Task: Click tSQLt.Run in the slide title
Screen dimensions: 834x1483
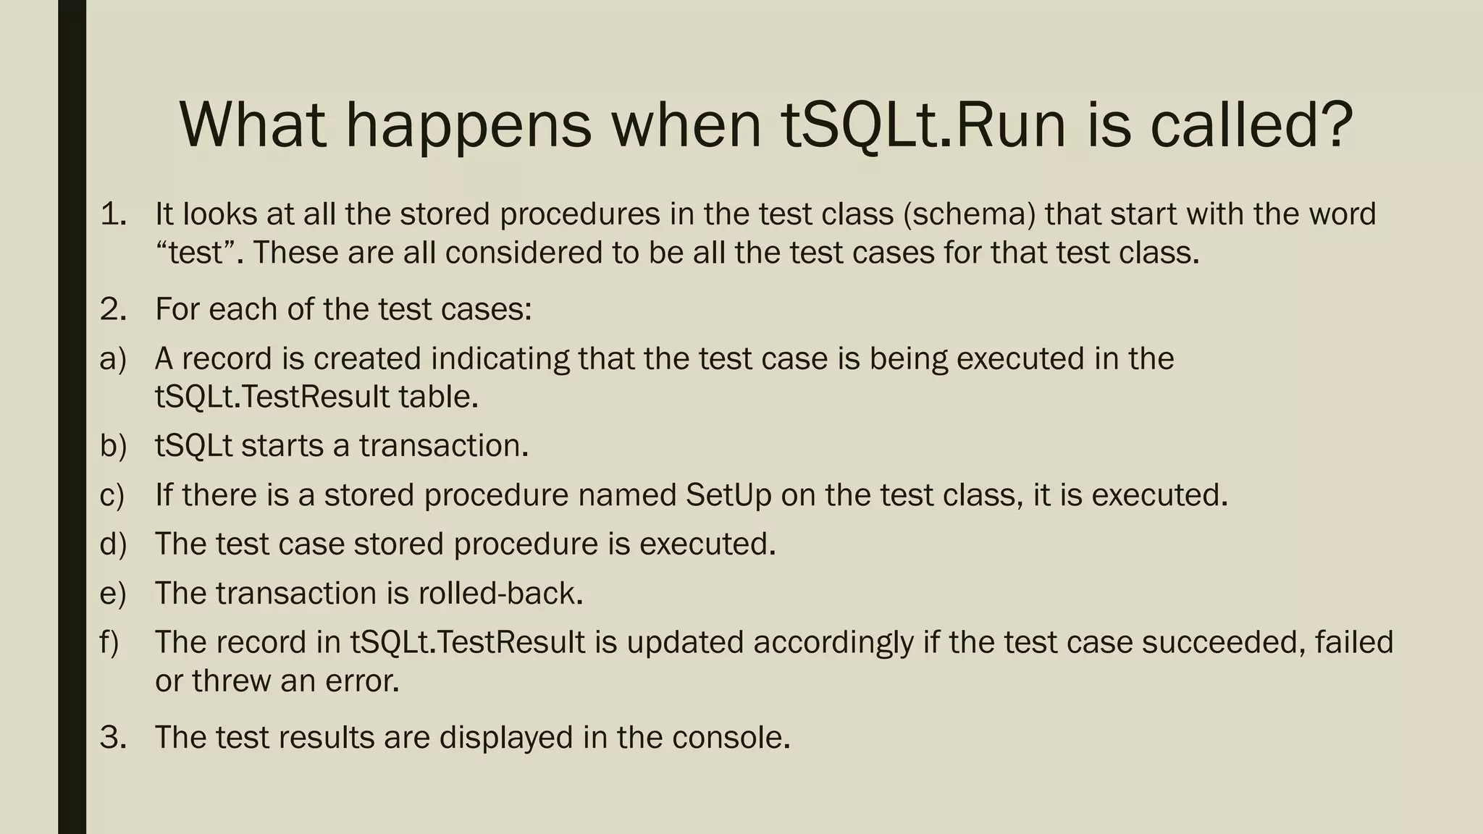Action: coord(923,125)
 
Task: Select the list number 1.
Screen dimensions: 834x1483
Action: coord(113,214)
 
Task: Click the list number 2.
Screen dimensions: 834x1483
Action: coord(113,310)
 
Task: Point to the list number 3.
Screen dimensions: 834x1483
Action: coord(113,738)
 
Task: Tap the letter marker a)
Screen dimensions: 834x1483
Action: coord(113,359)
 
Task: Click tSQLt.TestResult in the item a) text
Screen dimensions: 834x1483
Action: coord(272,397)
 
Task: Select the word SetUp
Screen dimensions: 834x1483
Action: coord(728,496)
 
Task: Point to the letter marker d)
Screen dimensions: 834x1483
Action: coord(113,544)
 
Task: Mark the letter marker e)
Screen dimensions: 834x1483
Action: coord(113,594)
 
